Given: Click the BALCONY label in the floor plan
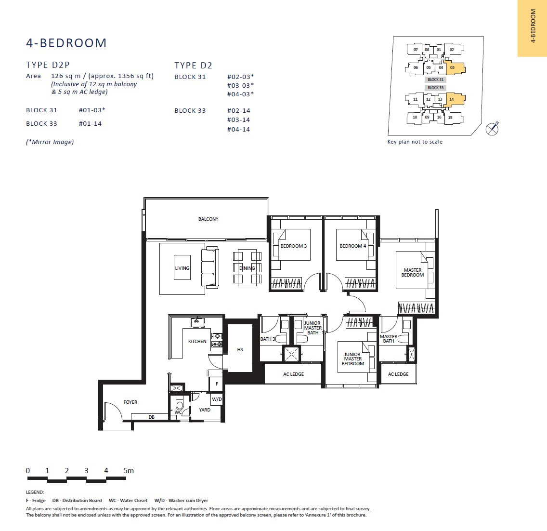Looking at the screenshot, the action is tap(208, 219).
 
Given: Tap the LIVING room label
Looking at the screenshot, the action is tap(182, 268).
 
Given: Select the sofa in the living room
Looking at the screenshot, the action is tap(210, 267).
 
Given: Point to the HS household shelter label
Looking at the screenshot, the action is tap(240, 349).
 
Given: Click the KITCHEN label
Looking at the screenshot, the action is tap(197, 342).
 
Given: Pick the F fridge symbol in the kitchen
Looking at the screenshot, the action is tap(216, 384).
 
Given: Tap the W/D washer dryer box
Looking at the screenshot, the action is tap(217, 399).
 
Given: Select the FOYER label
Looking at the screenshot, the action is tap(130, 402).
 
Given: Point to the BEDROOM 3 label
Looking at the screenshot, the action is tap(293, 246).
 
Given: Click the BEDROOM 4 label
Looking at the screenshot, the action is tap(352, 246).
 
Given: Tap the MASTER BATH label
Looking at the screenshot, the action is tap(388, 339).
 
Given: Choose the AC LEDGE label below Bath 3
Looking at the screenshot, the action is tap(293, 374).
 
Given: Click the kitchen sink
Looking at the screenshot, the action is tap(197, 322).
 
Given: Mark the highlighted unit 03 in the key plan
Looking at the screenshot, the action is tap(454, 68).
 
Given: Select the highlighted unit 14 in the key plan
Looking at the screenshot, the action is tap(454, 99).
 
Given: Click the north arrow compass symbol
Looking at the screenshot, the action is tap(492, 129).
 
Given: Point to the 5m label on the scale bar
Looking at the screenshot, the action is tap(129, 471).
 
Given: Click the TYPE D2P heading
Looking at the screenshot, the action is tap(48, 65).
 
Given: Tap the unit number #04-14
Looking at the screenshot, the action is tap(239, 130).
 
